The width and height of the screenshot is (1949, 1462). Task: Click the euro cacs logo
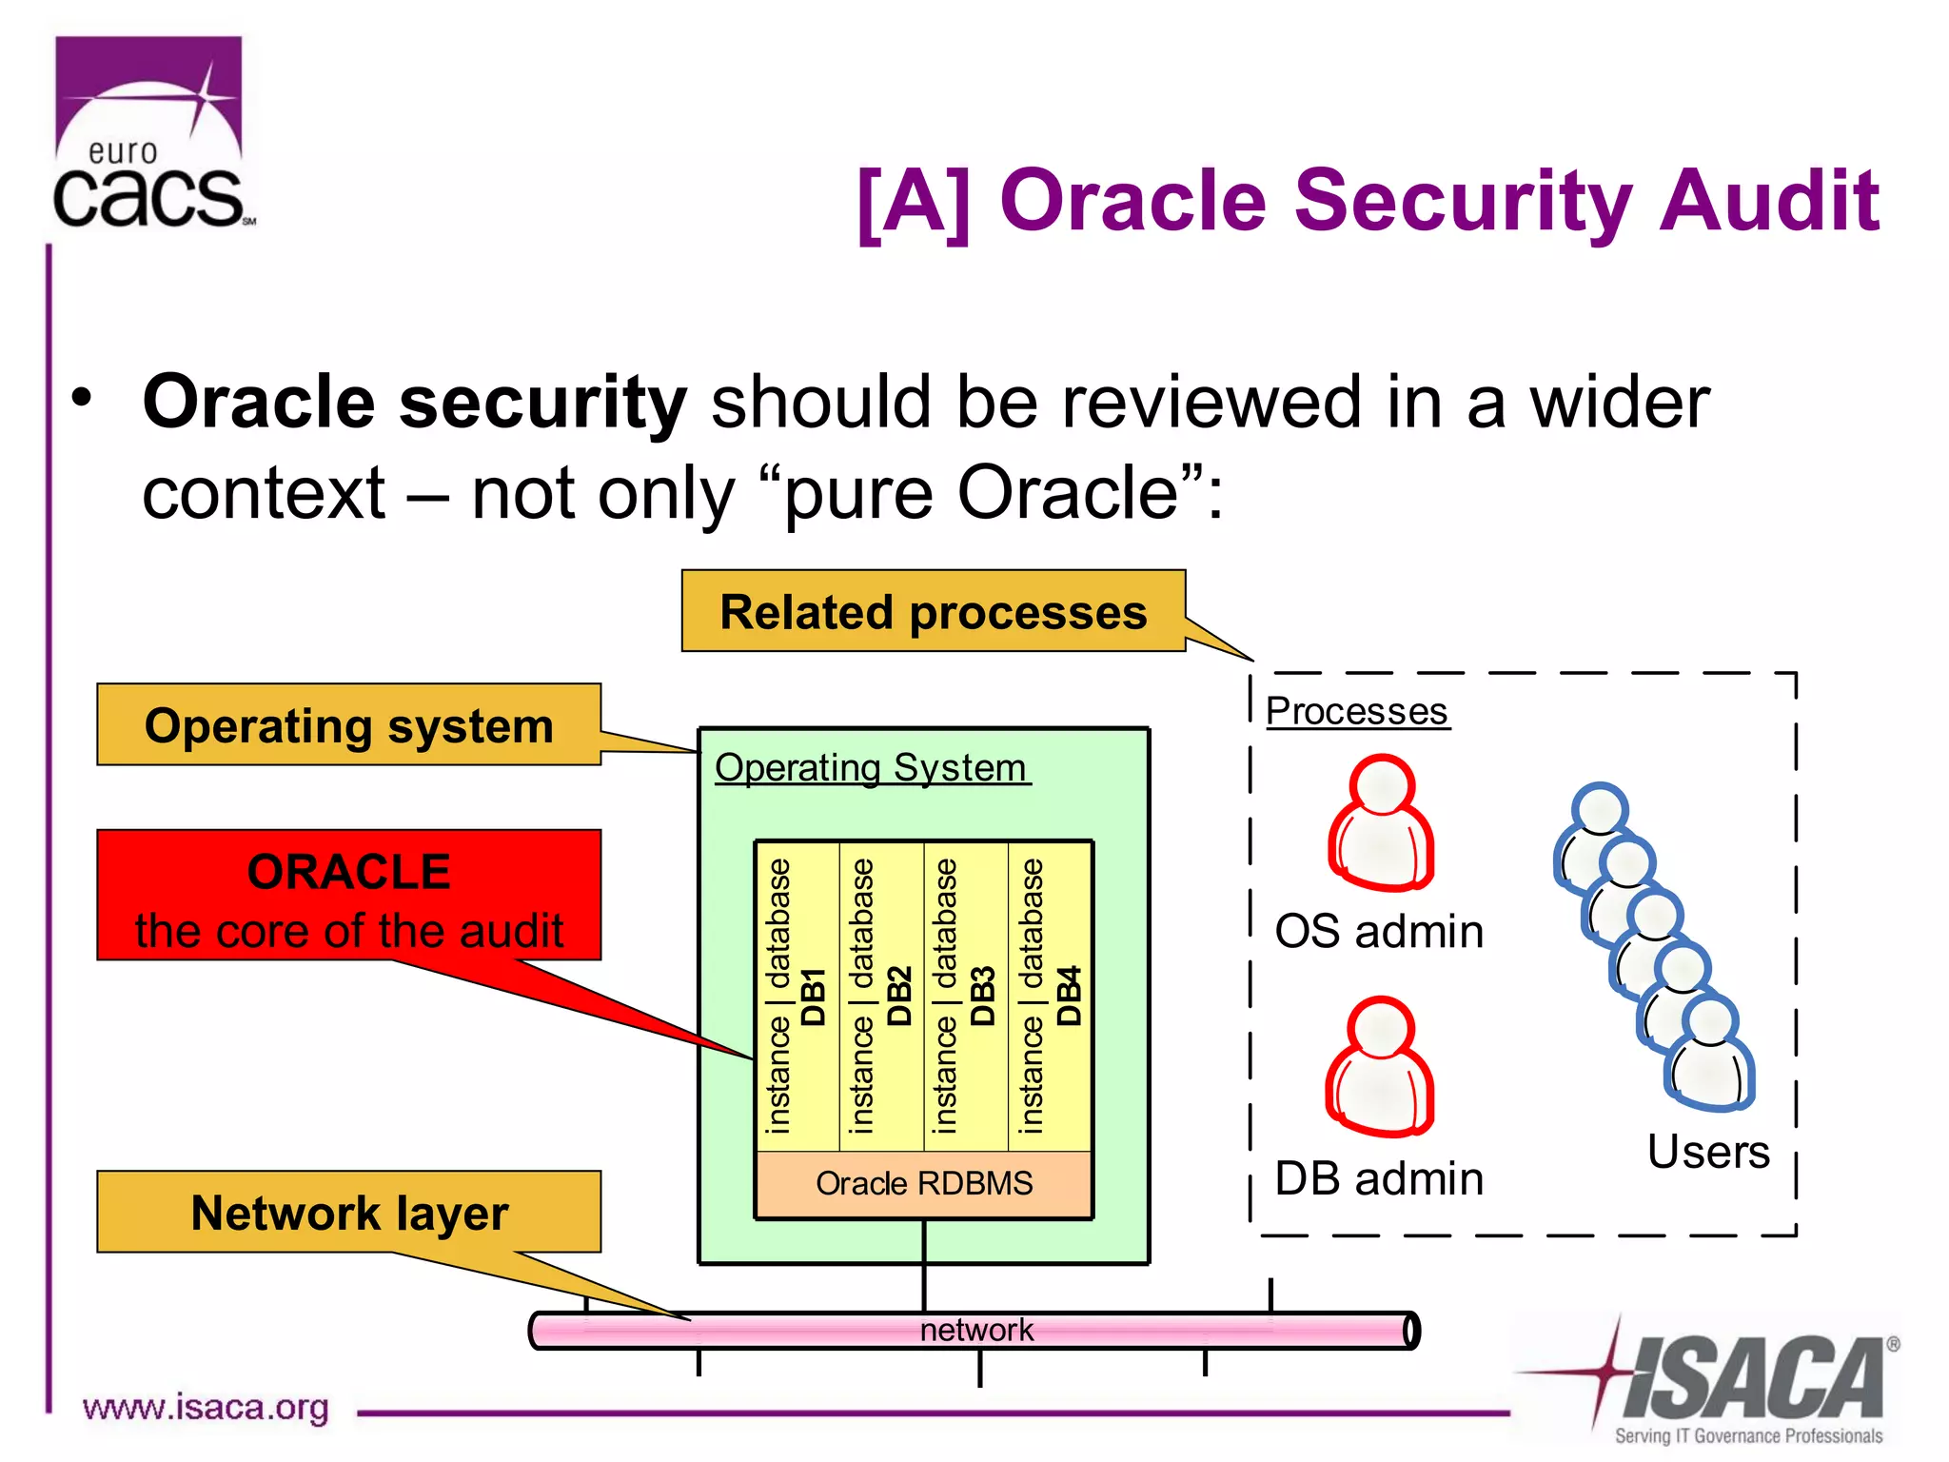[x=150, y=133]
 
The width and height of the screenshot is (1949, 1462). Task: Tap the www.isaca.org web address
[x=206, y=1407]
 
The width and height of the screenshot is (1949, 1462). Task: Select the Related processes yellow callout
[x=933, y=611]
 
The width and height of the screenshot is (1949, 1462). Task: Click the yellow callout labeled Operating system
[x=348, y=725]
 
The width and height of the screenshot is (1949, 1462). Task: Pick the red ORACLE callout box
[x=348, y=896]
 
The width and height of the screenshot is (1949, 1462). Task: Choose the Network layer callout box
[x=348, y=1212]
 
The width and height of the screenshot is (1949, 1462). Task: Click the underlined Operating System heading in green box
[x=871, y=767]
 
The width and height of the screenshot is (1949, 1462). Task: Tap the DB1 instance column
[x=797, y=996]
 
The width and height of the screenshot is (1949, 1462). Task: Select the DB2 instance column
[x=881, y=996]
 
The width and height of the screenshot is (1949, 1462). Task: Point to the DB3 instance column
[x=965, y=996]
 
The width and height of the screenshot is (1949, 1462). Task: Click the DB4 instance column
[x=1050, y=996]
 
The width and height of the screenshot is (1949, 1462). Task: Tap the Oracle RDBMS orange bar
[x=923, y=1183]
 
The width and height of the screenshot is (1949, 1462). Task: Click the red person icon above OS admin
[x=1381, y=823]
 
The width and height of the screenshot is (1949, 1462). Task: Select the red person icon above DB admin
[x=1380, y=1067]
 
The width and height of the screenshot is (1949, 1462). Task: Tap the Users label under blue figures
[x=1708, y=1152]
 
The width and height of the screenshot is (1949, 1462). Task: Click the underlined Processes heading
[x=1357, y=711]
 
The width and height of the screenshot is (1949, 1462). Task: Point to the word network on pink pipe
[x=976, y=1330]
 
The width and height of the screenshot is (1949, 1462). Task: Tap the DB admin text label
[x=1379, y=1178]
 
